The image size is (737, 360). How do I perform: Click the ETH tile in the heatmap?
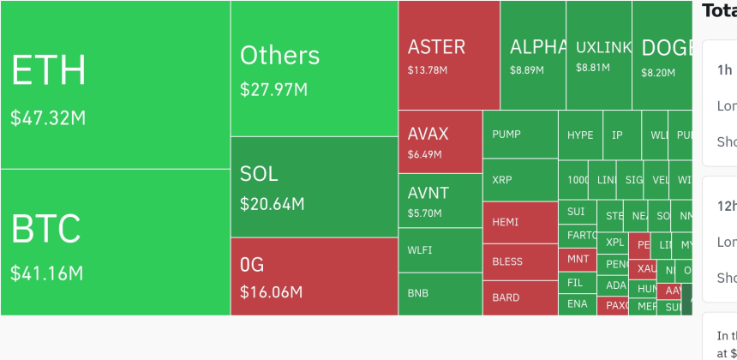(x=115, y=84)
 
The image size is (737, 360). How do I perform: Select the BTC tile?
(x=115, y=242)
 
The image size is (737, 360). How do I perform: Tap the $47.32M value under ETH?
(x=48, y=118)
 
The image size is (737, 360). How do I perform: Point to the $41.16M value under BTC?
(x=47, y=274)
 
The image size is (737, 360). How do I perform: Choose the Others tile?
(x=314, y=69)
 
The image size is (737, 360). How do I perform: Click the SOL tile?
(x=314, y=187)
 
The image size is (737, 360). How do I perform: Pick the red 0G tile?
(x=314, y=276)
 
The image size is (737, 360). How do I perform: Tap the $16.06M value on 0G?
(x=272, y=292)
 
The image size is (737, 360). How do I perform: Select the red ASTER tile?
(x=449, y=55)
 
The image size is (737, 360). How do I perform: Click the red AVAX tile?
(x=440, y=141)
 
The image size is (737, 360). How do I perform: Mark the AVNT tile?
(x=440, y=201)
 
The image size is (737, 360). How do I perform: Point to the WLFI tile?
(x=440, y=249)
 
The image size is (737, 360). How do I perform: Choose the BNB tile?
(x=440, y=293)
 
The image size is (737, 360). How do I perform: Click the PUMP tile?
(x=520, y=135)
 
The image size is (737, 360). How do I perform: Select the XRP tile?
(x=520, y=180)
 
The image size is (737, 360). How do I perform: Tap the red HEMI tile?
(x=520, y=223)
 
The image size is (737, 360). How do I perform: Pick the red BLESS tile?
(x=520, y=261)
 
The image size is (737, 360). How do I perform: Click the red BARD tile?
(x=520, y=297)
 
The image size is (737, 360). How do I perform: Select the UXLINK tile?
(x=599, y=55)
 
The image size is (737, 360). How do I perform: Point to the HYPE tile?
(x=580, y=135)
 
